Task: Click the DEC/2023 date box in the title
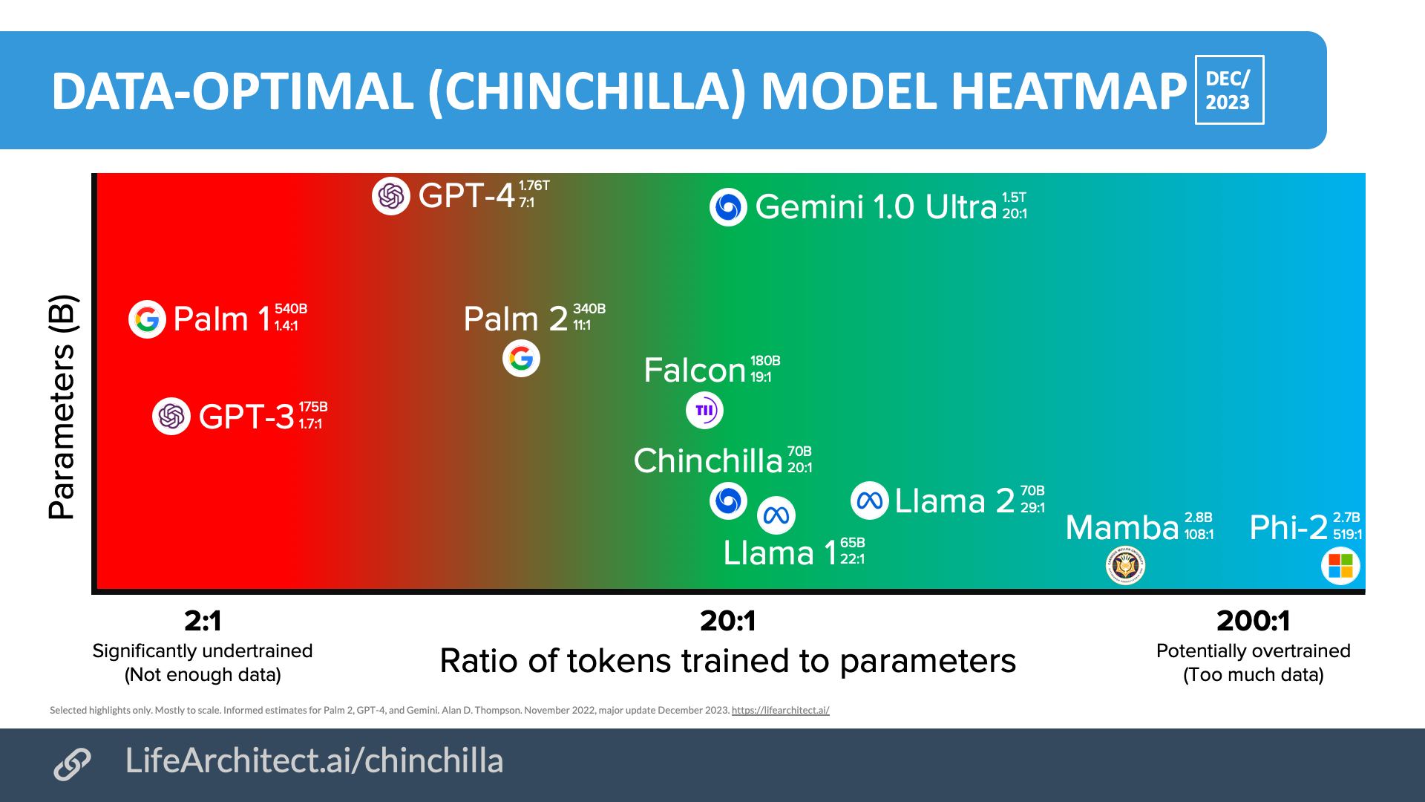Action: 1228,90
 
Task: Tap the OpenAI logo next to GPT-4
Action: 391,196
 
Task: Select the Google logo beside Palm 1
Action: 147,319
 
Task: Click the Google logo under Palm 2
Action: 521,359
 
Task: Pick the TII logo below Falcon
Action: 704,410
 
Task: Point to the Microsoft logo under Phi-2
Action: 1340,566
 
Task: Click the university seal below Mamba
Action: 1125,566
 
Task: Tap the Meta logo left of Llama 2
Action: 869,501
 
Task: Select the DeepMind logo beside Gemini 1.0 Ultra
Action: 728,207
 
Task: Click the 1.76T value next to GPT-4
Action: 534,186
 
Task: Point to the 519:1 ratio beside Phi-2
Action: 1347,535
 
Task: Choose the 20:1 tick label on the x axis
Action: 727,621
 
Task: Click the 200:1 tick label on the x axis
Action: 1253,621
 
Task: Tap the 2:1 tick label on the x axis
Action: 203,621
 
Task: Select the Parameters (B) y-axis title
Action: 62,407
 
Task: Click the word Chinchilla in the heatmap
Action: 707,461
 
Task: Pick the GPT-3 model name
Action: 246,417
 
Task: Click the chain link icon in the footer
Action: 72,764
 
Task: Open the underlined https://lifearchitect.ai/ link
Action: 780,711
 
